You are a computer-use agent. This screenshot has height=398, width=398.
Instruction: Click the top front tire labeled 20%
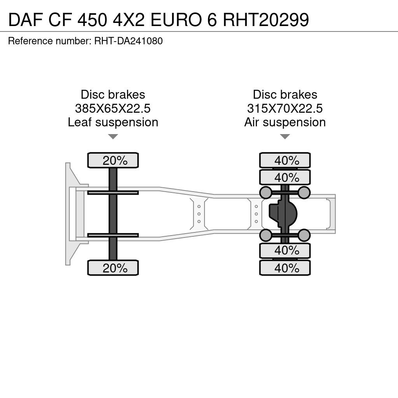click(x=113, y=160)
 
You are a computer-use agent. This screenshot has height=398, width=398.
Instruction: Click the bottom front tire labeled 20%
click(x=113, y=268)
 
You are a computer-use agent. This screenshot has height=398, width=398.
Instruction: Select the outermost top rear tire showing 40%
click(x=285, y=160)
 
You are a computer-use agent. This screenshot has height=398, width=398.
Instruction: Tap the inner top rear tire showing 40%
click(x=285, y=177)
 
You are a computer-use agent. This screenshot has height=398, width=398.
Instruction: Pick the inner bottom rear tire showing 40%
click(x=285, y=251)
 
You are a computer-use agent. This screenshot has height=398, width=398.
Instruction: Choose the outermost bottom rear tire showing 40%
click(x=285, y=268)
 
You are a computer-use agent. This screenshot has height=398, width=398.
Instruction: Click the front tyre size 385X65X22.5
click(x=113, y=108)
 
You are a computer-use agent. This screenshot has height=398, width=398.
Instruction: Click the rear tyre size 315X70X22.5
click(x=285, y=108)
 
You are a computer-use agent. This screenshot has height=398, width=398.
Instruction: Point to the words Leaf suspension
click(x=113, y=122)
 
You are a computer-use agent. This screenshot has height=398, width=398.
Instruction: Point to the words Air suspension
click(x=285, y=122)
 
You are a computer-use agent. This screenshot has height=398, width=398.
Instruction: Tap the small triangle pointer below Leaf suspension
click(x=113, y=136)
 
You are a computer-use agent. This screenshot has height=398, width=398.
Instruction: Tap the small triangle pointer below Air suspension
click(x=285, y=136)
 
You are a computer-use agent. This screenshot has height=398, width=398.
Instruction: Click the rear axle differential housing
click(x=283, y=214)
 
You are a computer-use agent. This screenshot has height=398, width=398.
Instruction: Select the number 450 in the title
click(x=92, y=19)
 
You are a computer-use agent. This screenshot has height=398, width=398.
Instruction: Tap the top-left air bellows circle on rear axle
click(x=266, y=192)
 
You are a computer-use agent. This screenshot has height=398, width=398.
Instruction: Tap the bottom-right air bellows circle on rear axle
click(x=304, y=235)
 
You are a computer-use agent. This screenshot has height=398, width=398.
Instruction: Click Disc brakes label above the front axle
click(x=113, y=95)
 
